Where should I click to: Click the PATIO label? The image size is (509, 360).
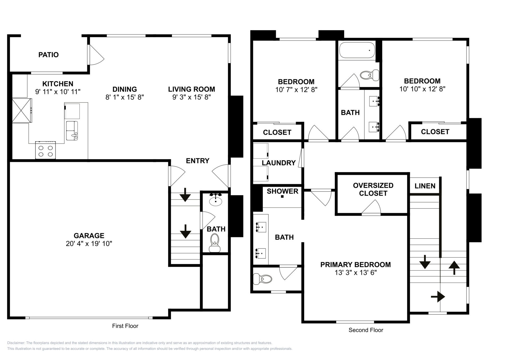[x=49, y=55]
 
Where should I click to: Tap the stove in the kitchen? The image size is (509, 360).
[x=45, y=150]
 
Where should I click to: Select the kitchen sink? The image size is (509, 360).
[x=72, y=130]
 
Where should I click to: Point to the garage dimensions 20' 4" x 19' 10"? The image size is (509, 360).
[x=89, y=244]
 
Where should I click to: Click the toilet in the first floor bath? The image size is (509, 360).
[x=215, y=243]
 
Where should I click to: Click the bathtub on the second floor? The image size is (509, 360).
[x=357, y=50]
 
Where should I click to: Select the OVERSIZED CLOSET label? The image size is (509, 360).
[x=373, y=189]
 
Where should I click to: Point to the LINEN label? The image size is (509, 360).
[x=425, y=186]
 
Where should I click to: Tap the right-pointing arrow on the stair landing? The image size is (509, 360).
[x=438, y=297]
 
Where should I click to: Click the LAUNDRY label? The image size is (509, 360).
[x=279, y=163]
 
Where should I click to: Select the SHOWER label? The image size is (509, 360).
[x=283, y=191]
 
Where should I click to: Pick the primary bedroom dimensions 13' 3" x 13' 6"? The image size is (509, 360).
[x=356, y=273]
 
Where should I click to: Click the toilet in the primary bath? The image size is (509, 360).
[x=263, y=279]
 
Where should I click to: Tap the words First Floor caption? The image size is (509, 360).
[x=125, y=326]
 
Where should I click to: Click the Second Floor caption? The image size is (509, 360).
[x=366, y=330]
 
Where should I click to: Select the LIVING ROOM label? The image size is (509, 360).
[x=192, y=89]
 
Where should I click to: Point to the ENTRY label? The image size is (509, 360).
[x=198, y=161]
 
